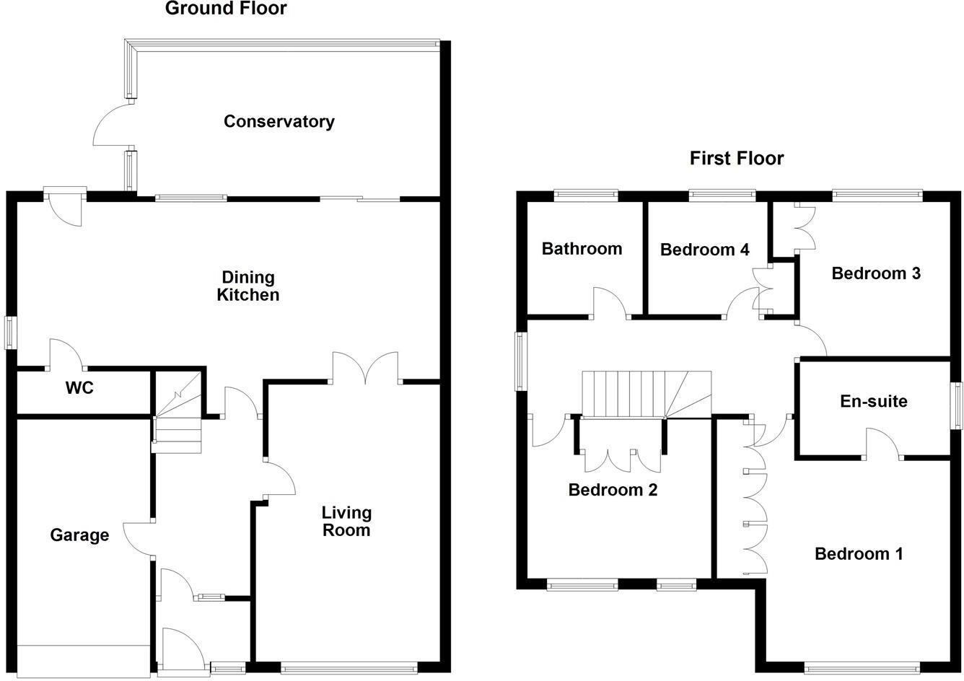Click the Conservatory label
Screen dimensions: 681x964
tap(279, 121)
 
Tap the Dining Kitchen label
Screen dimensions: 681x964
tap(247, 286)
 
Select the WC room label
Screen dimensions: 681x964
tap(79, 388)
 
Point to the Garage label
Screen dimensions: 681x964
tap(79, 535)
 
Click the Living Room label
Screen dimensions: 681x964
tap(346, 521)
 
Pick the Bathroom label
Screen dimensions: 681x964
tap(582, 249)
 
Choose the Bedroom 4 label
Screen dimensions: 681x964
tap(704, 250)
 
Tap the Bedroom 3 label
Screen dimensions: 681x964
tap(876, 273)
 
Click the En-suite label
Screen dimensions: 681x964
tap(874, 401)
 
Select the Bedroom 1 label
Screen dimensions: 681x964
tap(859, 554)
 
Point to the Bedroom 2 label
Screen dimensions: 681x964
tap(613, 491)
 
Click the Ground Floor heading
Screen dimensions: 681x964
tap(226, 9)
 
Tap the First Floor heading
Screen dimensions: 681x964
tap(736, 158)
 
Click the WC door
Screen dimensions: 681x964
tap(66, 353)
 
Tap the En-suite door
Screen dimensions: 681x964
tap(882, 442)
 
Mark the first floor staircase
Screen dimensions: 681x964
tap(646, 395)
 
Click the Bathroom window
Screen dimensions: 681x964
tap(586, 193)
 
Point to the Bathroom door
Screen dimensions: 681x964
tap(609, 303)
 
